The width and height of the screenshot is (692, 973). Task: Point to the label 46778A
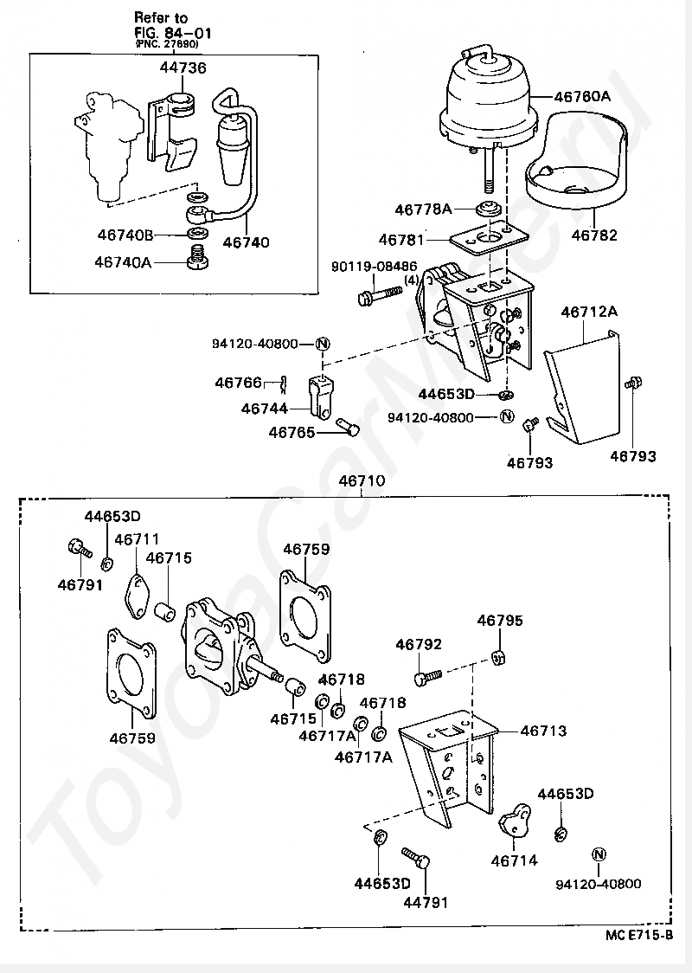424,209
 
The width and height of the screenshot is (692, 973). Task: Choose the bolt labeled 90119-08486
380,293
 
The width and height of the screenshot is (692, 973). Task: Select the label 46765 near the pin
292,432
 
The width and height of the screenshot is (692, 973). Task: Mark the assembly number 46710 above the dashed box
362,481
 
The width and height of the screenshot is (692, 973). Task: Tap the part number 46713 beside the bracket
543,731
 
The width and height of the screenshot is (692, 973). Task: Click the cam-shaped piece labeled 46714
516,819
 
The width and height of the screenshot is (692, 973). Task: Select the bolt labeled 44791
416,860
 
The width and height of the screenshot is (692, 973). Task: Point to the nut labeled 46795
498,656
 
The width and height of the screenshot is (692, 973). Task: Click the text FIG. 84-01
172,32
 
